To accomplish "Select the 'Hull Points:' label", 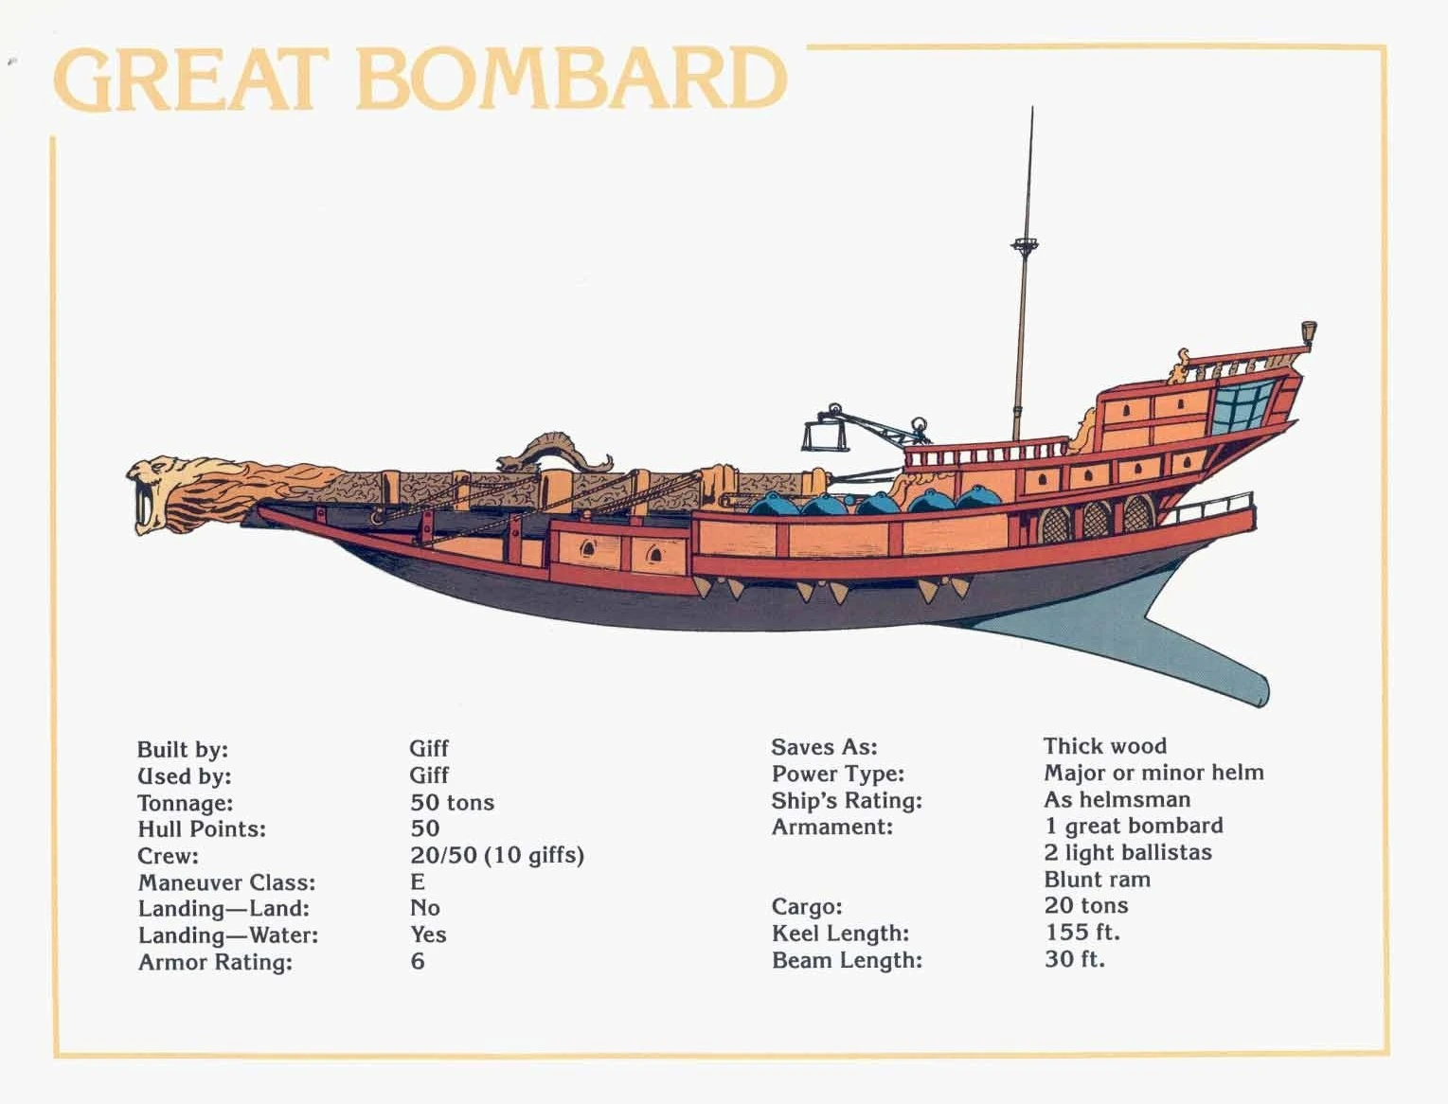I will click(202, 829).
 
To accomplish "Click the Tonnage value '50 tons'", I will click(452, 803).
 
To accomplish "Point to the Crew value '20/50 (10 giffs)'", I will click(497, 856).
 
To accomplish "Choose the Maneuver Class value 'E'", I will click(418, 882).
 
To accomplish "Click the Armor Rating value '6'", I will click(418, 962).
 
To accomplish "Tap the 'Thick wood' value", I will click(1105, 746).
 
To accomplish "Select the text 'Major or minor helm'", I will click(1153, 773).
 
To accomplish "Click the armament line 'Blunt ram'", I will click(1097, 880).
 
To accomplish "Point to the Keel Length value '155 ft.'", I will click(1082, 933).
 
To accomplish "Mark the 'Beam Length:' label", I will click(847, 960).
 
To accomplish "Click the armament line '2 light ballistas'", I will click(1127, 852).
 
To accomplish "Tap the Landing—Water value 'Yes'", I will click(428, 935).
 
